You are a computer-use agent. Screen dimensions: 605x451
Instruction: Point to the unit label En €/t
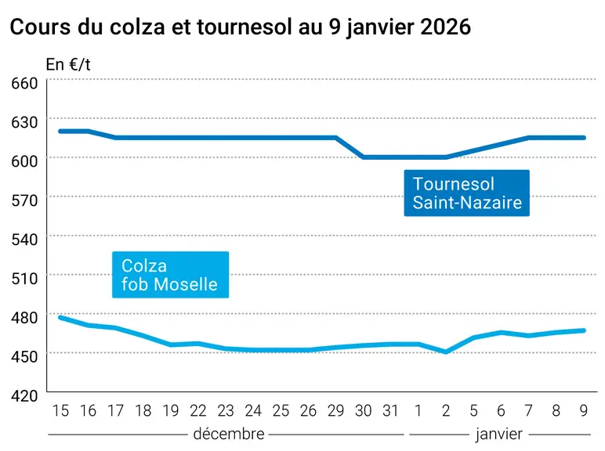(x=68, y=64)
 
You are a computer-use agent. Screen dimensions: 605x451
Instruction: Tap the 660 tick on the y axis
(x=25, y=83)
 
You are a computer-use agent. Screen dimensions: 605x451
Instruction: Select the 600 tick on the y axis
(x=25, y=161)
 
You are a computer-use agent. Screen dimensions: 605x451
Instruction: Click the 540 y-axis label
(x=25, y=240)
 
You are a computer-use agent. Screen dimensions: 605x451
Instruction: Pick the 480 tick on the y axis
(x=25, y=317)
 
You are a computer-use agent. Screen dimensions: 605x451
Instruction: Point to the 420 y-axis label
(x=25, y=395)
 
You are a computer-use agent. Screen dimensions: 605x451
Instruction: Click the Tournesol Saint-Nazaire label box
(x=467, y=193)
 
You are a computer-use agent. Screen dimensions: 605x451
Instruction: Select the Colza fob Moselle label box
(x=171, y=275)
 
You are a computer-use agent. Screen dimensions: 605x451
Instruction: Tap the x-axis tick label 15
(x=60, y=411)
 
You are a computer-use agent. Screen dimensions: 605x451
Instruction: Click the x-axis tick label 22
(x=198, y=411)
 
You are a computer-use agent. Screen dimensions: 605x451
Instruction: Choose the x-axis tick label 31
(x=390, y=411)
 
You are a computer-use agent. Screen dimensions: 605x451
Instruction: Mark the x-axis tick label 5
(x=473, y=411)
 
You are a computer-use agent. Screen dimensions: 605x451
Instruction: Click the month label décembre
(x=229, y=434)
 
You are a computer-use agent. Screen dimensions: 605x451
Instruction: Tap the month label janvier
(x=499, y=435)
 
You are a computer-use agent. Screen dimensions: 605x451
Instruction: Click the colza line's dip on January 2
(x=446, y=352)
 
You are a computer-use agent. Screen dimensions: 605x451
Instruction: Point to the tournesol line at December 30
(x=363, y=157)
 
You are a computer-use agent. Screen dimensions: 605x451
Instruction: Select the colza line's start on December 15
(x=60, y=317)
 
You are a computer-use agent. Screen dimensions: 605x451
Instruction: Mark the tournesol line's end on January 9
(x=584, y=138)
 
